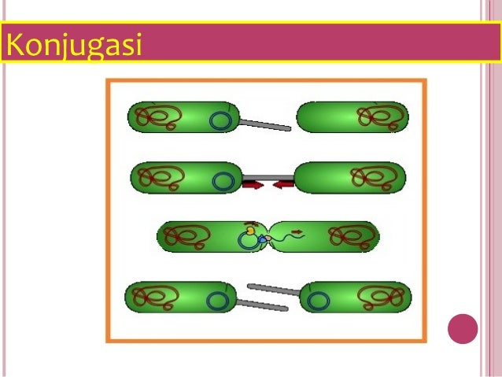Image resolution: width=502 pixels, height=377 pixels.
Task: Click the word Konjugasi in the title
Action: click(x=73, y=46)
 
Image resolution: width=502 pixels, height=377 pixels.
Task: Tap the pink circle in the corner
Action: click(x=463, y=329)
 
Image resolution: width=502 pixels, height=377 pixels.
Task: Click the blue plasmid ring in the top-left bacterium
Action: click(x=221, y=121)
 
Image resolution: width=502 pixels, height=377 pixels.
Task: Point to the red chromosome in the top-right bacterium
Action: click(x=381, y=117)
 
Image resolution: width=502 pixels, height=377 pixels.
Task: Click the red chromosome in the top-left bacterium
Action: click(x=157, y=117)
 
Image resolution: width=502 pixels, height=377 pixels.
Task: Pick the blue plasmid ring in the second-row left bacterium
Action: click(x=223, y=181)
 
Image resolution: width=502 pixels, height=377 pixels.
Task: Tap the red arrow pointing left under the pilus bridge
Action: click(x=284, y=185)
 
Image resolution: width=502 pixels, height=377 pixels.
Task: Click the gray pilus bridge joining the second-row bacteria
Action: click(x=268, y=176)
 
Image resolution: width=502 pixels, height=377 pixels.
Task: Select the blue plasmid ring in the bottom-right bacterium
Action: click(x=318, y=300)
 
